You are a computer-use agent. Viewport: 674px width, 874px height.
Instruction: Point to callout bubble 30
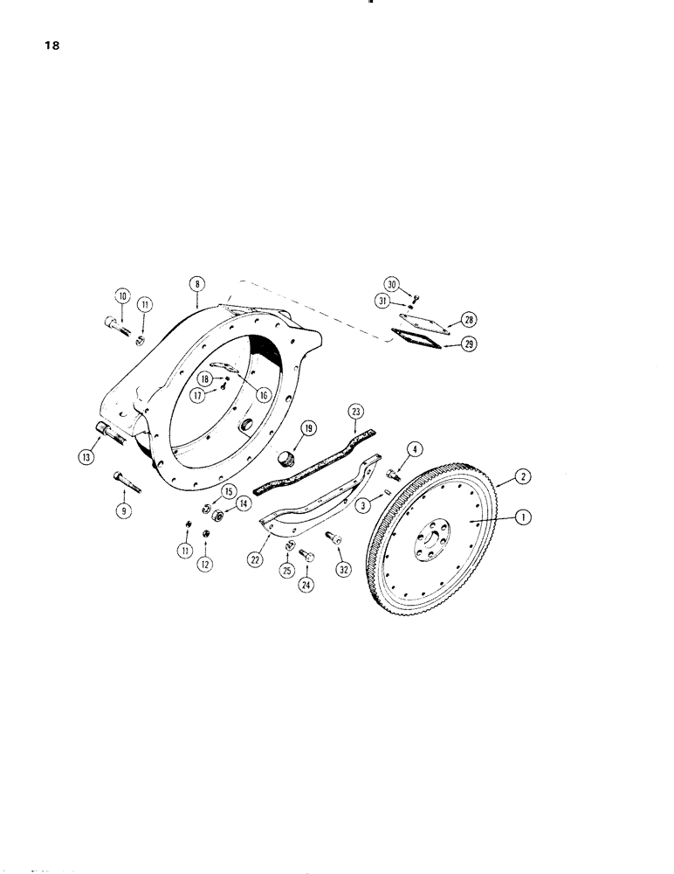click(x=392, y=284)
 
